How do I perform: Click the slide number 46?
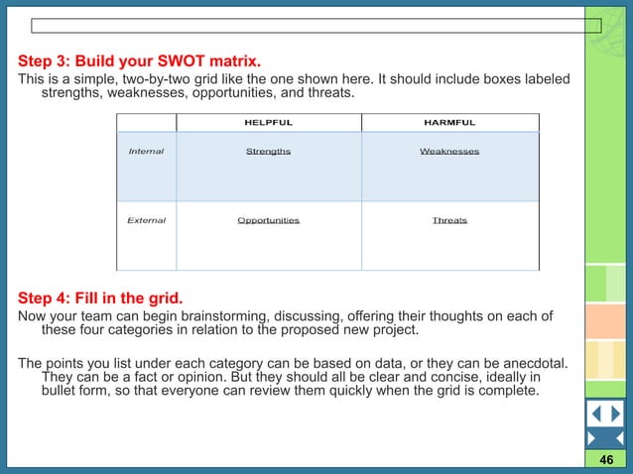[x=606, y=462]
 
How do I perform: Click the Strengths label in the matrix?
[x=268, y=152]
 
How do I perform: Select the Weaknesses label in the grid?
[x=449, y=152]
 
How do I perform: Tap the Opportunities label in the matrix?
[x=268, y=220]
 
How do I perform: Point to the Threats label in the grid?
[x=449, y=220]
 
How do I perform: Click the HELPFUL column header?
[x=268, y=122]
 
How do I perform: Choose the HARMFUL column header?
[x=449, y=122]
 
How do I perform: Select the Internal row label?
[x=146, y=152]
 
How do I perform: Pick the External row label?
[x=146, y=220]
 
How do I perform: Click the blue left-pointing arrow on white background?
[x=595, y=414]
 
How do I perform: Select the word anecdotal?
[x=534, y=362]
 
